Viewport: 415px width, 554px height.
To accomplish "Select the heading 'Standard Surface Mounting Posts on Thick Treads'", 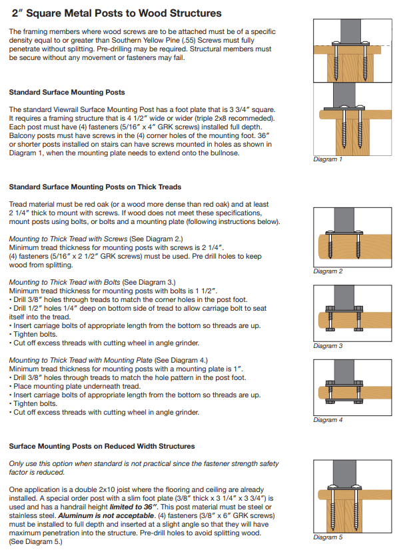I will coord(95,187).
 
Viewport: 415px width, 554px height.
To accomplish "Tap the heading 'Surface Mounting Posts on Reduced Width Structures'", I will coord(102,446).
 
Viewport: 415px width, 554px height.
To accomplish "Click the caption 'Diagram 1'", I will coord(328,160).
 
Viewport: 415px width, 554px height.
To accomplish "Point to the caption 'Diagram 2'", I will coord(328,271).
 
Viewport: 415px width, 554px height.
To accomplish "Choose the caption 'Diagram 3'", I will coord(328,346).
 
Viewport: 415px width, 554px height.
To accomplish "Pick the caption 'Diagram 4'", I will coord(328,420).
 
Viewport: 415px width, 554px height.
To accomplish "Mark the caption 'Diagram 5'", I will coord(328,537).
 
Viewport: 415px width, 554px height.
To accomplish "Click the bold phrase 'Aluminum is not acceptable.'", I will coord(102,515).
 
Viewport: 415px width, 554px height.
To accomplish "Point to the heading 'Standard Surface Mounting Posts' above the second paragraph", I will coord(67,92).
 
